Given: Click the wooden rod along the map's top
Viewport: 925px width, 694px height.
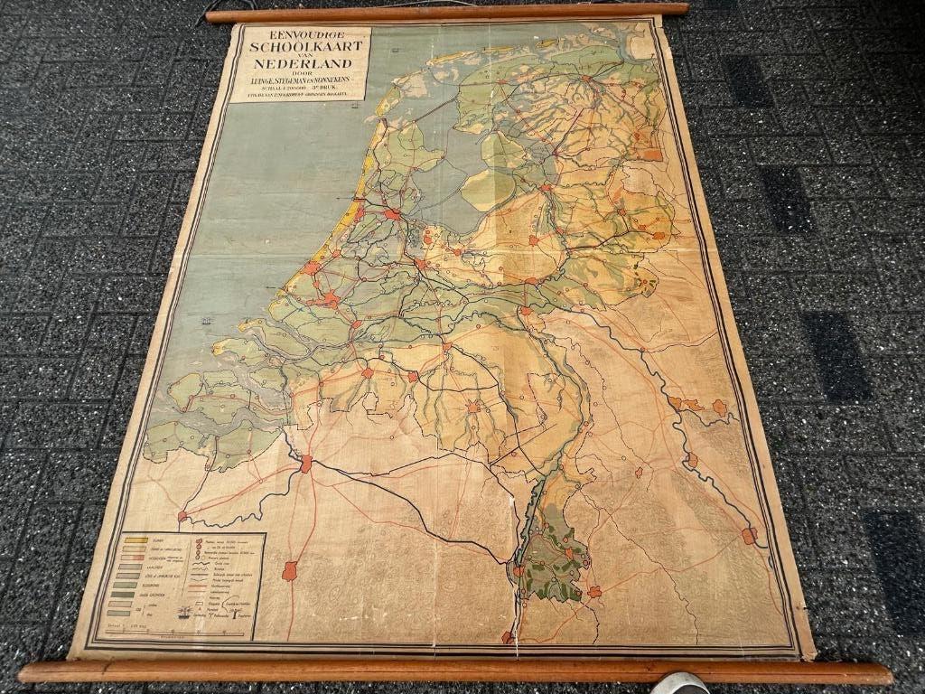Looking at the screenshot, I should pyautogui.click(x=446, y=12).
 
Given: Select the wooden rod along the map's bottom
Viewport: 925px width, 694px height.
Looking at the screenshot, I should pyautogui.click(x=452, y=671).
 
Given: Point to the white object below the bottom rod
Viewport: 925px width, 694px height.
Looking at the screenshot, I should pyautogui.click(x=680, y=683).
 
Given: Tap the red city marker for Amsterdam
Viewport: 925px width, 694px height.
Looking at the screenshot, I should pyautogui.click(x=392, y=215).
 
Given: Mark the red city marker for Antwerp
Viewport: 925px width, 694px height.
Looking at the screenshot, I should pyautogui.click(x=306, y=464).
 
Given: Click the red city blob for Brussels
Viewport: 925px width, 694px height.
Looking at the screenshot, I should pyautogui.click(x=289, y=570).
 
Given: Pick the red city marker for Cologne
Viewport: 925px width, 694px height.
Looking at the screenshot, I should pyautogui.click(x=749, y=536).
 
